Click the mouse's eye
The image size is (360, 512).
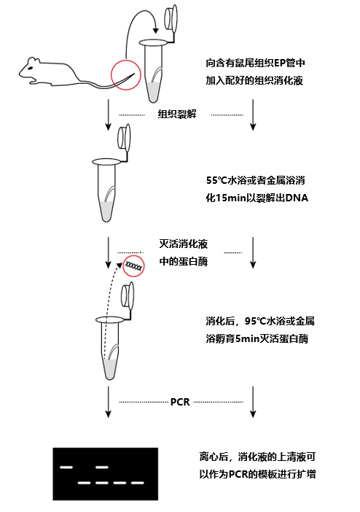[x=30, y=69]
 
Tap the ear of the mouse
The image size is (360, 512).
[x=34, y=61]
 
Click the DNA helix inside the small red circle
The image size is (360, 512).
[x=134, y=266]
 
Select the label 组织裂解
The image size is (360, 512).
[x=177, y=115]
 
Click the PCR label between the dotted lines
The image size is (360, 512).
[x=180, y=402]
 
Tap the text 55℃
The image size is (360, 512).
[x=217, y=180]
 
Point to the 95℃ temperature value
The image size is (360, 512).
[x=256, y=321]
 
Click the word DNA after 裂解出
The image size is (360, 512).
[x=297, y=198]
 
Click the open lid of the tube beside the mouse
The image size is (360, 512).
[x=171, y=18]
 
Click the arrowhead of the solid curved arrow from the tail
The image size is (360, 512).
[x=156, y=31]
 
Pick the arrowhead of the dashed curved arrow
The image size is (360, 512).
[x=120, y=264]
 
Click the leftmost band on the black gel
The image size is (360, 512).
[x=66, y=468]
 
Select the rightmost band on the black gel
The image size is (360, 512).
[x=138, y=483]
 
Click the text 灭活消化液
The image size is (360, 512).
[x=184, y=244]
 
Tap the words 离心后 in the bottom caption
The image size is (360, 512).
[x=214, y=457]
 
